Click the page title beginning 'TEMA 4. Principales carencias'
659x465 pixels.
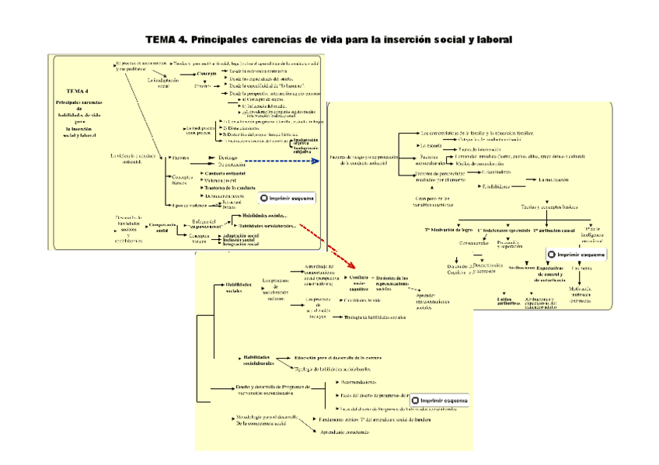coord(329,38)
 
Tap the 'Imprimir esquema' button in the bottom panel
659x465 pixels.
coord(439,401)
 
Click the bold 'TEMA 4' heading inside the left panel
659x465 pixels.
coord(78,90)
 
